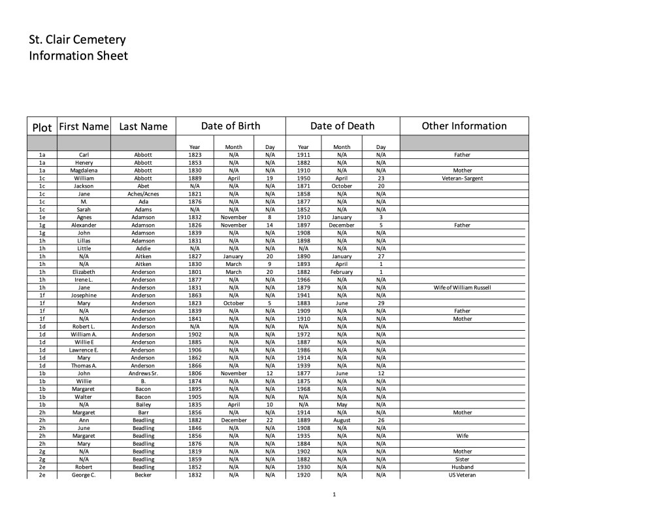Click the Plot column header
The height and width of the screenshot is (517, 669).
point(42,127)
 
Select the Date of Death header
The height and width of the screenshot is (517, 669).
point(342,126)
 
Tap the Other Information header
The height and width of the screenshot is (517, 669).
point(464,126)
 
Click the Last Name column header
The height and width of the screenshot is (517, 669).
point(143,127)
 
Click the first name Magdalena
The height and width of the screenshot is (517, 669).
point(84,170)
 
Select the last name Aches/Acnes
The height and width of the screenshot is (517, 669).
point(143,193)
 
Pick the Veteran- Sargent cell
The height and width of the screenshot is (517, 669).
point(463,178)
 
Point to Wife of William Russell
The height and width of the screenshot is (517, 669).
point(463,288)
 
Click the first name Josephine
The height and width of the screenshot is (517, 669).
point(84,295)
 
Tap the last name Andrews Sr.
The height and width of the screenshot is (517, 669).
point(143,373)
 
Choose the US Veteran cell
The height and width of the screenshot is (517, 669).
point(463,475)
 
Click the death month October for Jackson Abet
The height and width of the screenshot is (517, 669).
point(342,186)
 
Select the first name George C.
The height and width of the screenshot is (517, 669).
point(84,475)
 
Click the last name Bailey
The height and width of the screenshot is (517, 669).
point(143,405)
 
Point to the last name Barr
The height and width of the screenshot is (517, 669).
point(143,412)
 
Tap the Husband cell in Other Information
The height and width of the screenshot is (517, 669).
point(463,467)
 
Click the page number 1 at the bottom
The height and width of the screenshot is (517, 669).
point(334,494)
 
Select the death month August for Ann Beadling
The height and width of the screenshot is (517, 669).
point(342,420)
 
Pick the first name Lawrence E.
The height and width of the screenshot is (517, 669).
point(84,350)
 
